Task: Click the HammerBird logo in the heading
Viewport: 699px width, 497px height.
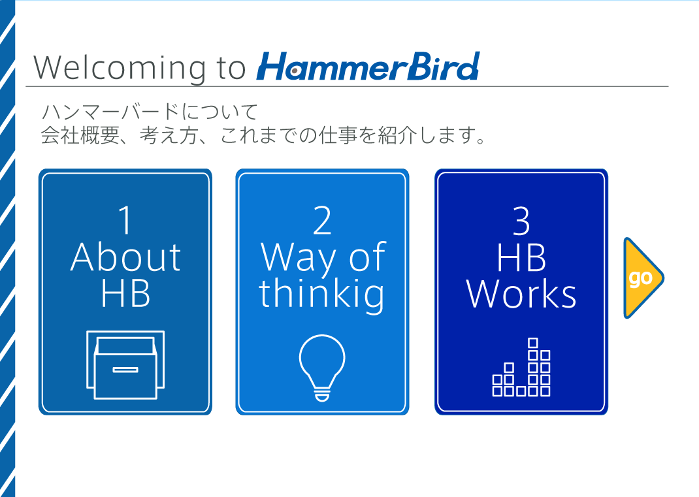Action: pos(368,67)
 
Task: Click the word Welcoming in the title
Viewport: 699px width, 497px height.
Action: pos(120,68)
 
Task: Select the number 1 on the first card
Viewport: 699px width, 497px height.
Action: pos(125,220)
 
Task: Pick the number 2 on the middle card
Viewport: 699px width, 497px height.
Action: pos(322,220)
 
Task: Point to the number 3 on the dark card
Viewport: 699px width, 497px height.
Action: pos(521,221)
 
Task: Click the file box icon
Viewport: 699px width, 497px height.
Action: pos(125,364)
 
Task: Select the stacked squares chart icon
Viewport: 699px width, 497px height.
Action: pos(521,367)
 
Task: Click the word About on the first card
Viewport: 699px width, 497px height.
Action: pos(125,257)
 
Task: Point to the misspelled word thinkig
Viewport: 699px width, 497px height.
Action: pos(322,294)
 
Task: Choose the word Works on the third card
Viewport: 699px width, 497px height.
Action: pos(521,294)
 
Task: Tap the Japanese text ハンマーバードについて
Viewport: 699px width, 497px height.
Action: pos(150,112)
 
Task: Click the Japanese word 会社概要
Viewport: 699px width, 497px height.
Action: pos(80,135)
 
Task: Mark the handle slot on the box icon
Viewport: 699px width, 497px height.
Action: pos(125,369)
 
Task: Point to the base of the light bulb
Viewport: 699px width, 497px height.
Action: pos(322,395)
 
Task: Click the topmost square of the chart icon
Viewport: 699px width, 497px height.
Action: pos(532,342)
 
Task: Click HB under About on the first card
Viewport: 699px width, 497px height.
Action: pos(125,294)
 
